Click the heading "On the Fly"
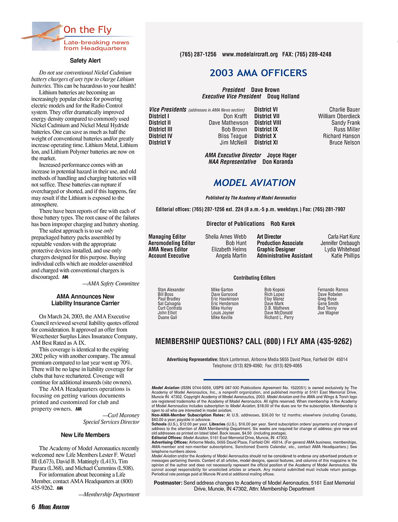tap(87, 30)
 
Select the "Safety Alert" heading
tap(85, 61)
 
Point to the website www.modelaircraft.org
tap(249, 54)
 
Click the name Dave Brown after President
tap(265, 90)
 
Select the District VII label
tap(266, 116)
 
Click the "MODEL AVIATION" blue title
tap(255, 183)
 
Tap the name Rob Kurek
tap(283, 224)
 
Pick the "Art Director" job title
tap(269, 237)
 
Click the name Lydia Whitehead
tap(342, 249)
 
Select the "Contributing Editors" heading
tap(254, 278)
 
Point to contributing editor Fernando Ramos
tap(333, 290)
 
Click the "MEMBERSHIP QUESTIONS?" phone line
tap(253, 341)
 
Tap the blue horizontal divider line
tap(256, 379)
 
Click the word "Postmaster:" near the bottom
tap(168, 483)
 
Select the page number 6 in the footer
tap(33, 507)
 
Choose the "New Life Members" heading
tap(85, 435)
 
